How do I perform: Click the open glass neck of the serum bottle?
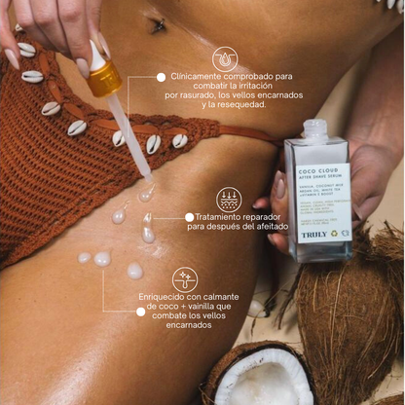[x=314, y=128]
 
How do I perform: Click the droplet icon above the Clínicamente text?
[x=226, y=58]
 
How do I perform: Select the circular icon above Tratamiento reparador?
[x=229, y=200]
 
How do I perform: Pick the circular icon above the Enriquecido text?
[x=185, y=280]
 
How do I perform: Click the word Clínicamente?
[x=198, y=76]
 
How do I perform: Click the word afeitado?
[x=263, y=227]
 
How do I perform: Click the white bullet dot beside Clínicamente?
[x=161, y=76]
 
